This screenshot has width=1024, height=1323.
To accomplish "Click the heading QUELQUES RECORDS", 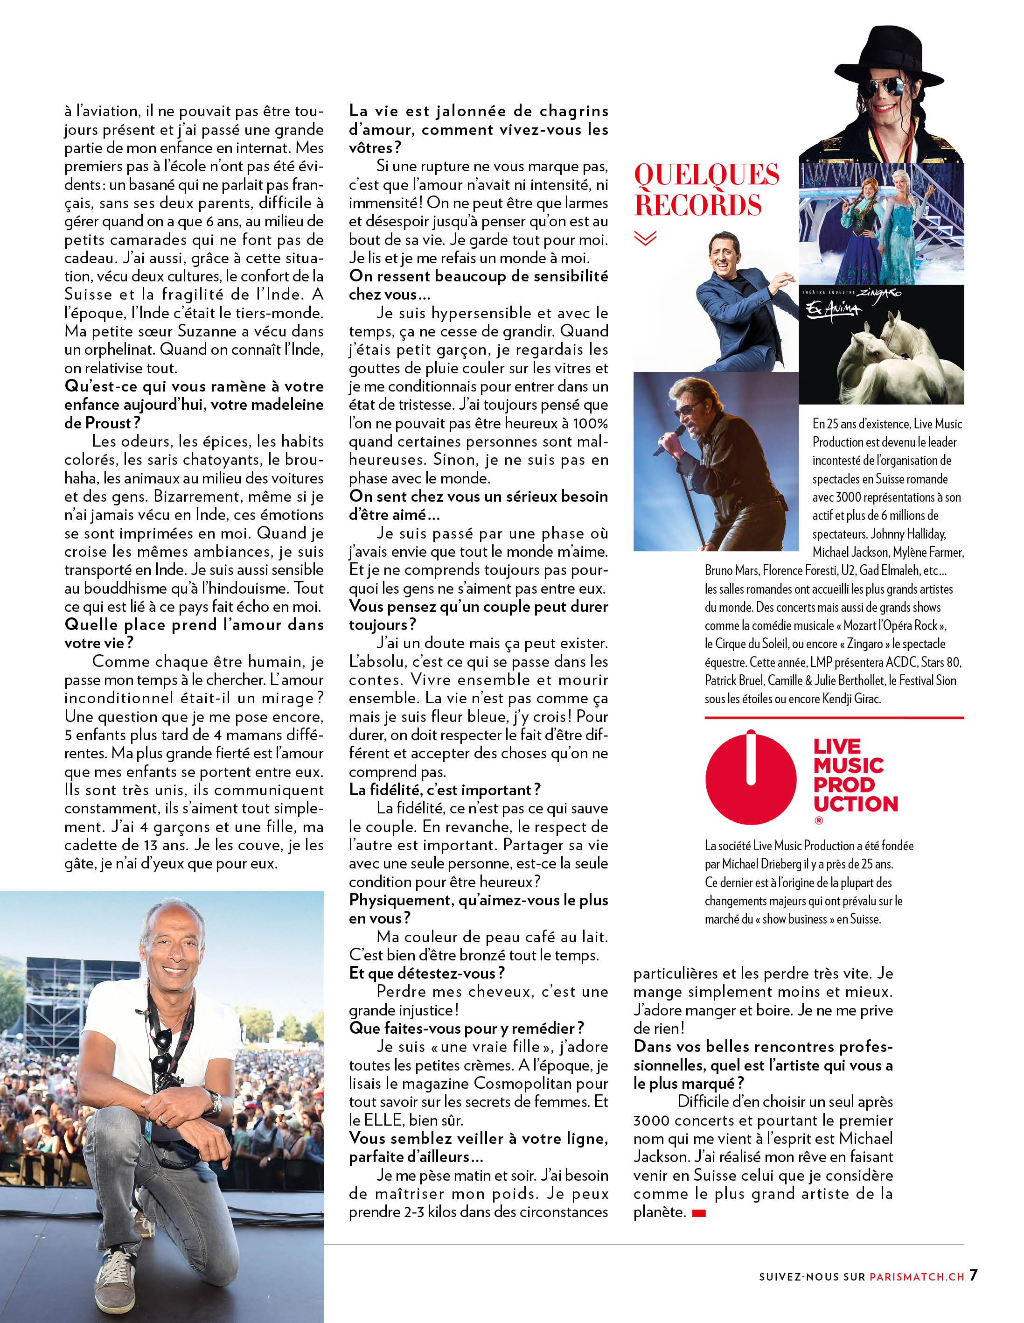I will (x=706, y=189).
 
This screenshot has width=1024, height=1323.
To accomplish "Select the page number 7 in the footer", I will (x=973, y=1274).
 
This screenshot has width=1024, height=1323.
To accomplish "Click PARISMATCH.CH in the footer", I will (x=916, y=1276).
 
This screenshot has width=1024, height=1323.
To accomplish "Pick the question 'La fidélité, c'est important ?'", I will (x=445, y=790).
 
